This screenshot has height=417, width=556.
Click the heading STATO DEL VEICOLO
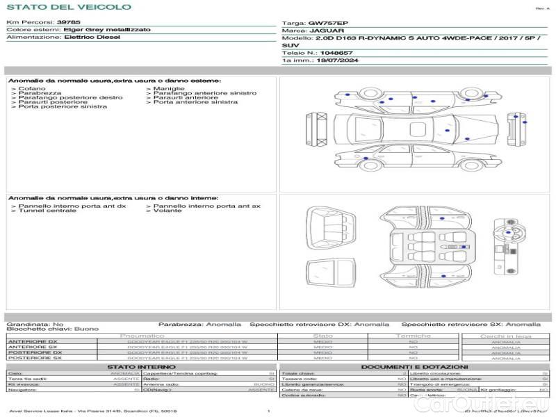(x=68, y=7)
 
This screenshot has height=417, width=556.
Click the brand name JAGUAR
(x=324, y=31)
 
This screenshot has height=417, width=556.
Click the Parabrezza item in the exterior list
(x=40, y=93)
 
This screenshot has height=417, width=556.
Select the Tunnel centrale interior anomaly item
(x=47, y=211)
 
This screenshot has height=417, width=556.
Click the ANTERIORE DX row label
(x=33, y=341)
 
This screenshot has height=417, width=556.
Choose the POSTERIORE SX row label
(x=35, y=358)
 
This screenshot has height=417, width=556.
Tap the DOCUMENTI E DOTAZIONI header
(x=414, y=366)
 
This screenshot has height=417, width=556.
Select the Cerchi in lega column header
(x=505, y=336)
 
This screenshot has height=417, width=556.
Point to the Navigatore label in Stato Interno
(x=24, y=390)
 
